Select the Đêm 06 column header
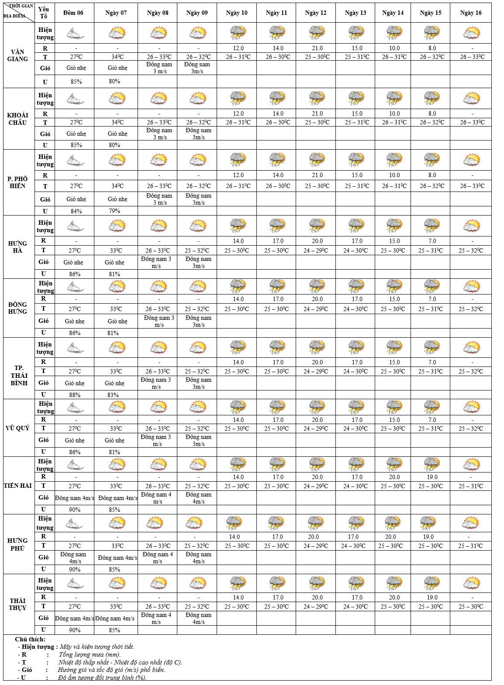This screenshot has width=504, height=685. coord(73,13)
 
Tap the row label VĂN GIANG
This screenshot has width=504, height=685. coord(18,55)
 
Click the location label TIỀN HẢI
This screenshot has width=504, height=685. coord(18,485)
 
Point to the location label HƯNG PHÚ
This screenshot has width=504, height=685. coord(18,544)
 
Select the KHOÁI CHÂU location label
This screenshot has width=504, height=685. coord(18,119)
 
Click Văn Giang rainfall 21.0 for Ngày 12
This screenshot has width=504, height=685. coord(317,48)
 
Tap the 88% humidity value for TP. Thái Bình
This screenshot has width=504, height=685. coord(75,395)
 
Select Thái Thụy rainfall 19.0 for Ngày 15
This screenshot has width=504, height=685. coord(432,597)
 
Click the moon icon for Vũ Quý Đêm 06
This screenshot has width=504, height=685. coord(75,408)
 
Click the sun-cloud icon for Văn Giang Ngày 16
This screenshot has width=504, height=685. coord(472,33)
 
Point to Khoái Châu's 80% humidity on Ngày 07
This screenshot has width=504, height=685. coord(114,145)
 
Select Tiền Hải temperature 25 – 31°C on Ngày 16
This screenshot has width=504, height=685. coord(471,486)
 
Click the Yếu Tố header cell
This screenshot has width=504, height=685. coord(44,13)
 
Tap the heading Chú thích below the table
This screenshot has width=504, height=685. coord(30,639)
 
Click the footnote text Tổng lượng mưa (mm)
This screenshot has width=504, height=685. coord(90,654)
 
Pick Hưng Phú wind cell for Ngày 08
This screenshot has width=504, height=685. coord(157,558)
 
